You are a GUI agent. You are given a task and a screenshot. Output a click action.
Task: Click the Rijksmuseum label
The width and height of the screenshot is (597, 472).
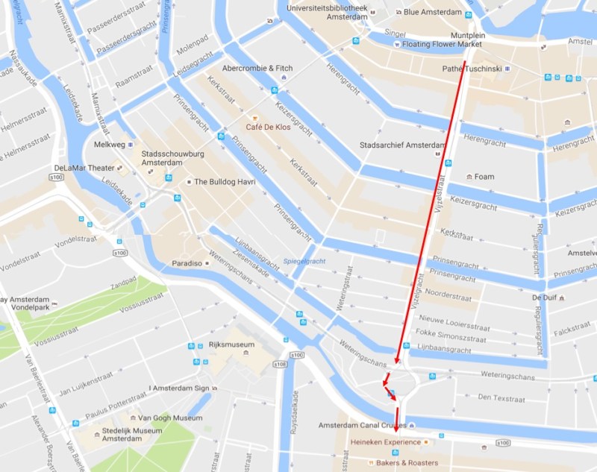point(231,344)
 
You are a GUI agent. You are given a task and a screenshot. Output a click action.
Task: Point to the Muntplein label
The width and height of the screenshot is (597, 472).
point(469,35)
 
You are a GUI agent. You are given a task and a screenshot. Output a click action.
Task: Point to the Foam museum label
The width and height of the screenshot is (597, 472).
point(484,177)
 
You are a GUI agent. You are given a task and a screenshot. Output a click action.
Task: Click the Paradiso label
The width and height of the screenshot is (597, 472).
point(187,262)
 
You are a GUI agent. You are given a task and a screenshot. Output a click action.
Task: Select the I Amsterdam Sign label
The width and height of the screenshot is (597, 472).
point(179,388)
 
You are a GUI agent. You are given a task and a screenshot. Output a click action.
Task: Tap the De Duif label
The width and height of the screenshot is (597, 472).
point(543,298)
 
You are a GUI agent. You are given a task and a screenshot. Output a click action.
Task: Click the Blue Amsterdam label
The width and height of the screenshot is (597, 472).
point(433,12)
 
